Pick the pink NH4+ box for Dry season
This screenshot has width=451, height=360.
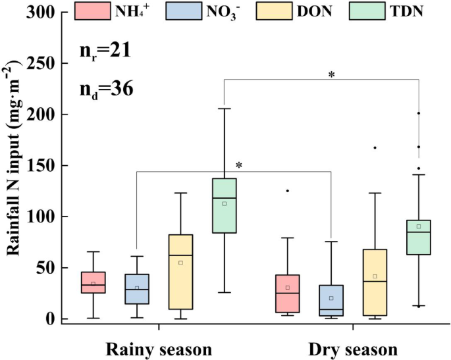point(288,294)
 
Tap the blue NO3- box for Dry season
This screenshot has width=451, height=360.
point(331,301)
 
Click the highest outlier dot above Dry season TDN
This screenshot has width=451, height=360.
point(419,113)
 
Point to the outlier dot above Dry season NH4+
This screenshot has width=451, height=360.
point(288,191)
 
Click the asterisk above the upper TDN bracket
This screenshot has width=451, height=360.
point(332,76)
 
